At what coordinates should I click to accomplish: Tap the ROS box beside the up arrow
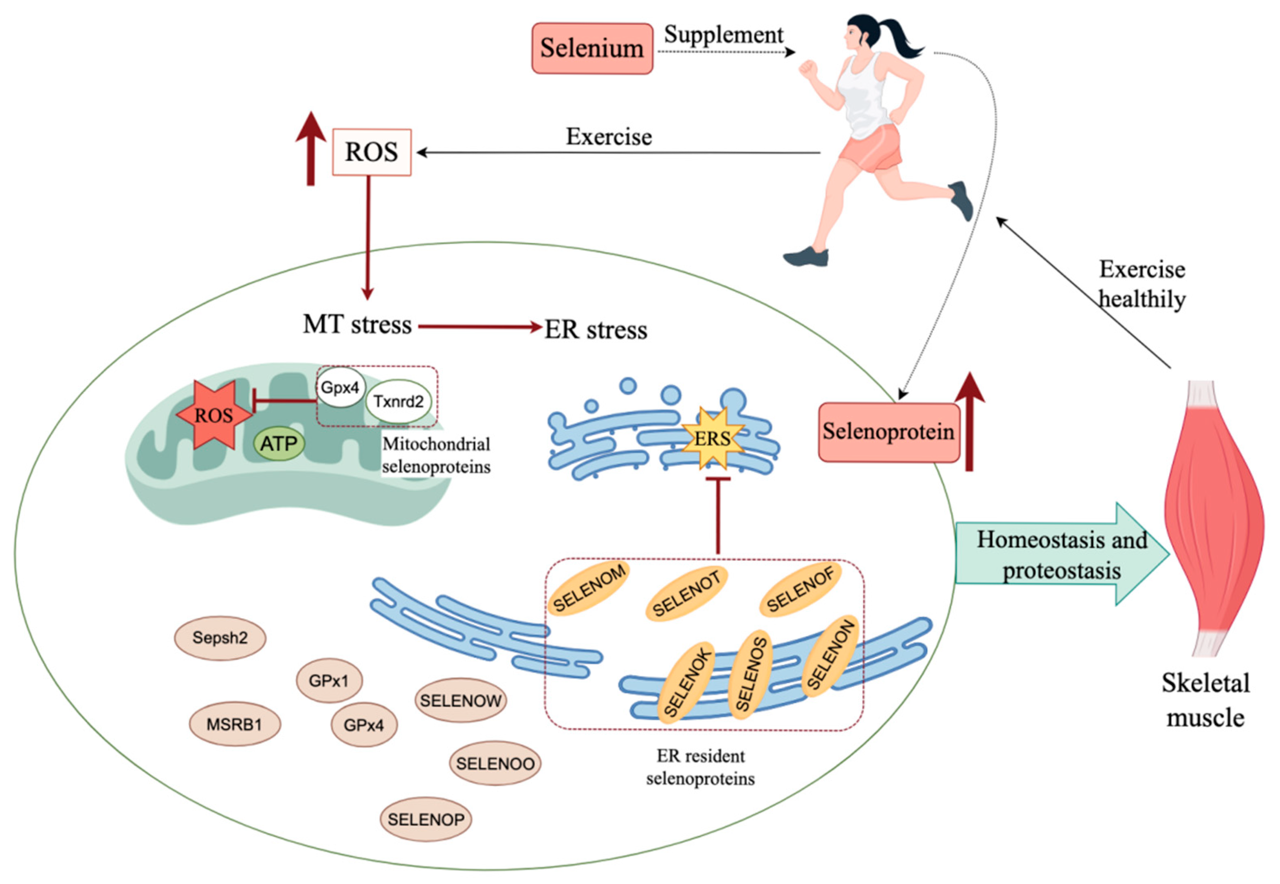(372, 152)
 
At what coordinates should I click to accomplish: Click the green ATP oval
(279, 444)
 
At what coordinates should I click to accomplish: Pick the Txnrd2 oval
(398, 401)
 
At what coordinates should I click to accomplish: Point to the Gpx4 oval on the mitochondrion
(340, 387)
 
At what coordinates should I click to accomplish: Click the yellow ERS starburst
(712, 438)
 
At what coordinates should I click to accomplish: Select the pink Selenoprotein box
(888, 432)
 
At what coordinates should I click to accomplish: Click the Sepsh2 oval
(220, 638)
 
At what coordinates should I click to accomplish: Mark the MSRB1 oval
(234, 725)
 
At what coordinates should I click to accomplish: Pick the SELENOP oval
(426, 820)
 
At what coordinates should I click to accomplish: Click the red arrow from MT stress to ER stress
(479, 327)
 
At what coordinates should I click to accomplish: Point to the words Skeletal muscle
(1205, 701)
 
